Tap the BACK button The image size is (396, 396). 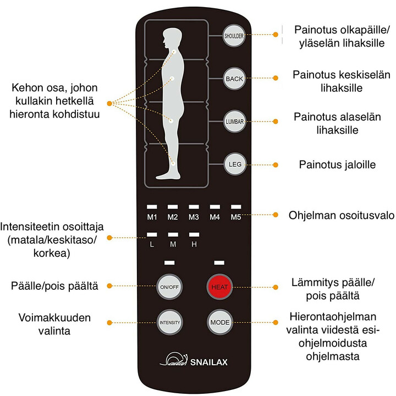pyautogui.click(x=234, y=79)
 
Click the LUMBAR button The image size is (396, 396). pyautogui.click(x=234, y=121)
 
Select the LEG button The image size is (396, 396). pyautogui.click(x=234, y=163)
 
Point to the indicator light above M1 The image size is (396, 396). pyautogui.click(x=152, y=207)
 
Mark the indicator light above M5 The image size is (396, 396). pyautogui.click(x=235, y=207)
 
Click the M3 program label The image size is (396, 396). pyautogui.click(x=194, y=217)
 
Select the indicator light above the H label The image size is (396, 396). pyautogui.click(x=194, y=234)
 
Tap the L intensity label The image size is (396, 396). pyautogui.click(x=152, y=244)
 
